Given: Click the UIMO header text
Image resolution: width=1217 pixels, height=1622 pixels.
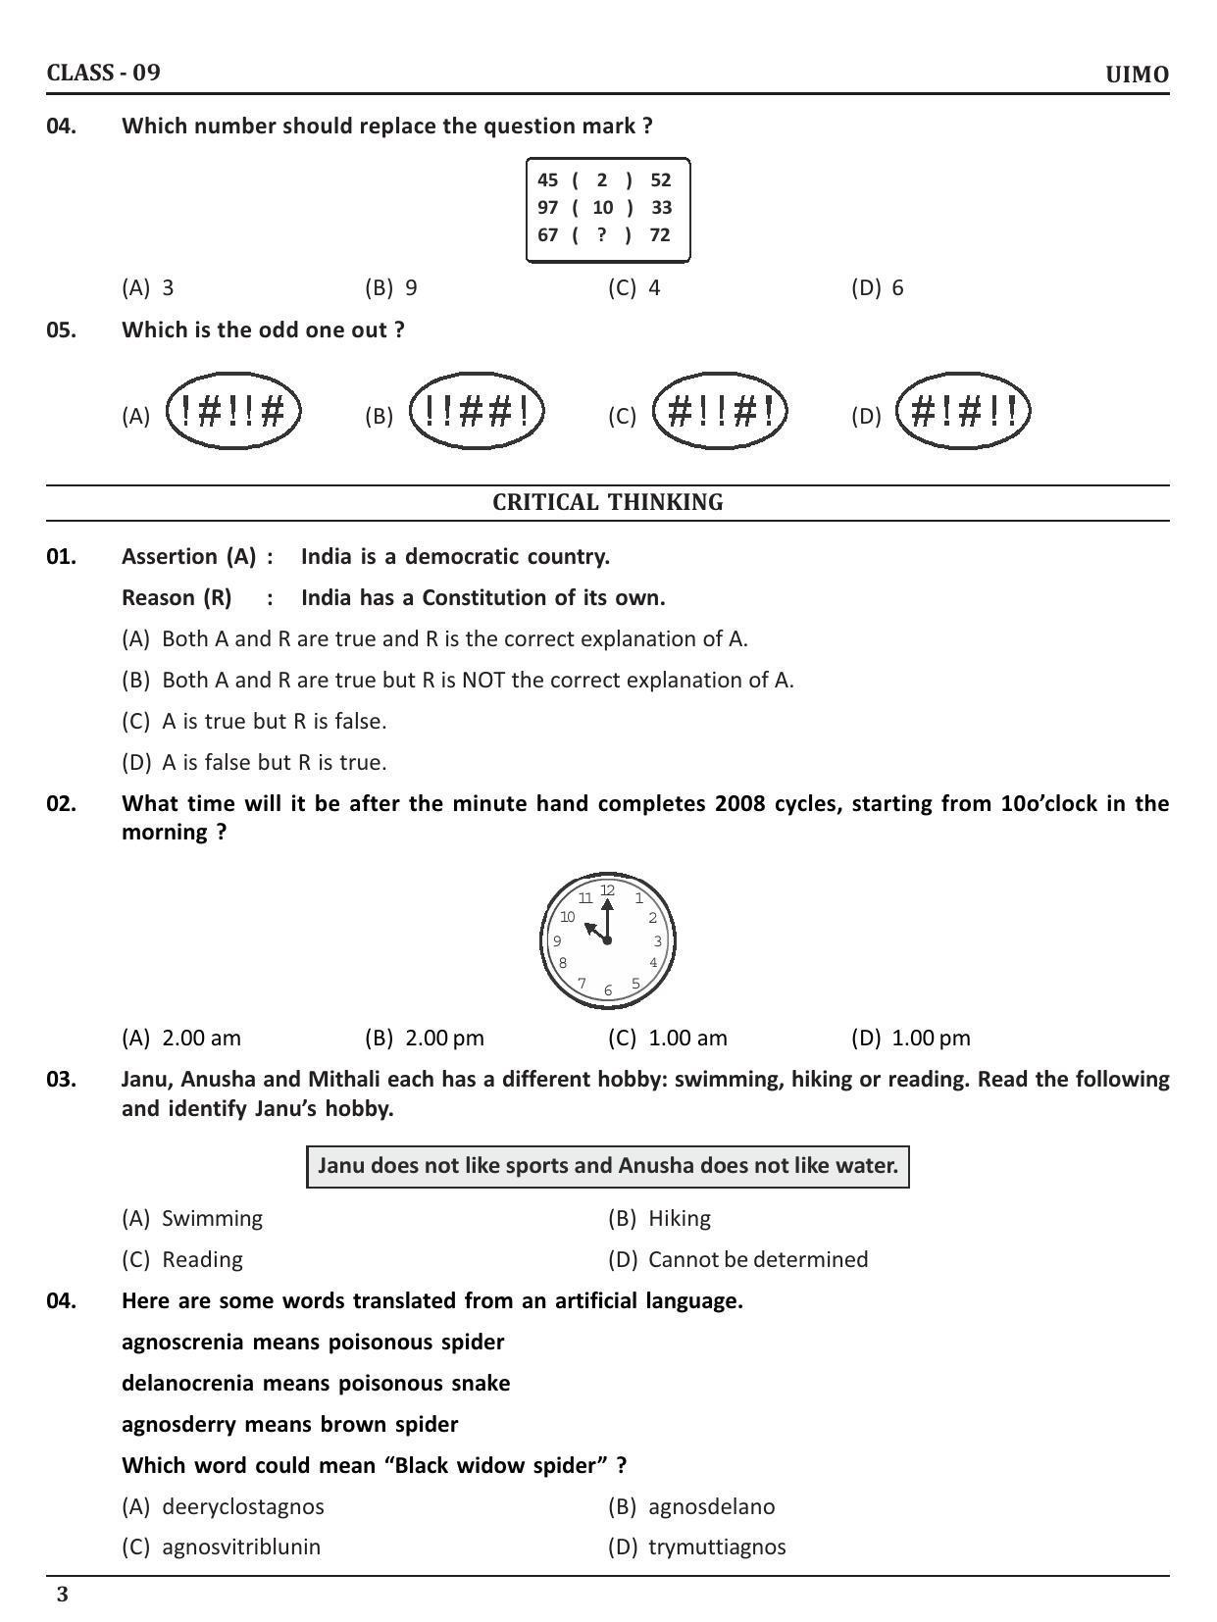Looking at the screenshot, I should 1137,76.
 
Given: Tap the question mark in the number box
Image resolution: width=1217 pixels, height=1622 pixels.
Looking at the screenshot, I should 601,234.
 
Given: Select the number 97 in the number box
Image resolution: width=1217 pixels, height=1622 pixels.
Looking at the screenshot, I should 547,207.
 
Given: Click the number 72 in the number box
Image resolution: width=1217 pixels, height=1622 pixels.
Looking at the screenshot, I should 660,234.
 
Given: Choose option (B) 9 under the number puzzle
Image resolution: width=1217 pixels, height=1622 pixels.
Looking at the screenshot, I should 391,287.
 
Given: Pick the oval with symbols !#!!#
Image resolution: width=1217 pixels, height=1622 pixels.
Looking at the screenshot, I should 233,411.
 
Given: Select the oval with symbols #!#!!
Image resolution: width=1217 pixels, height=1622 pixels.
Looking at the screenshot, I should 963,411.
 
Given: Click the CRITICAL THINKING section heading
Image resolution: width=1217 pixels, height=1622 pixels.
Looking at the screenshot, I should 608,502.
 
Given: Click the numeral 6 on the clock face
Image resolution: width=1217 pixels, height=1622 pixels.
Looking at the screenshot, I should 608,990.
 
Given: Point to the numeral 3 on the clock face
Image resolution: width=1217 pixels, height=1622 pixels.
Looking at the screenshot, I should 658,941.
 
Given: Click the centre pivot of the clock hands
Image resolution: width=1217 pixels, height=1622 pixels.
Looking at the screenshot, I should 608,940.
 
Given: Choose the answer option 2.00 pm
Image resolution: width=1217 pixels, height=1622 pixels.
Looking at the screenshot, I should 425,1038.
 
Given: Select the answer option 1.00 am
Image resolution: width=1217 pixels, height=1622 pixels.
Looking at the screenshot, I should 668,1038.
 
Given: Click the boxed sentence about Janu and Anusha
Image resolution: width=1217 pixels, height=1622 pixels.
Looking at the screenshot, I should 608,1166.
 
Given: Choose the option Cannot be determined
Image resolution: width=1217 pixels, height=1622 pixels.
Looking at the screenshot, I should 757,1259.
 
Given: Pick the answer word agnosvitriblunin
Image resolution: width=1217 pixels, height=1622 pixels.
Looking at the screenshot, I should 240,1546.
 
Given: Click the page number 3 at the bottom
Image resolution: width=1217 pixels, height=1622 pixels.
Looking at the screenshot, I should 63,1595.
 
